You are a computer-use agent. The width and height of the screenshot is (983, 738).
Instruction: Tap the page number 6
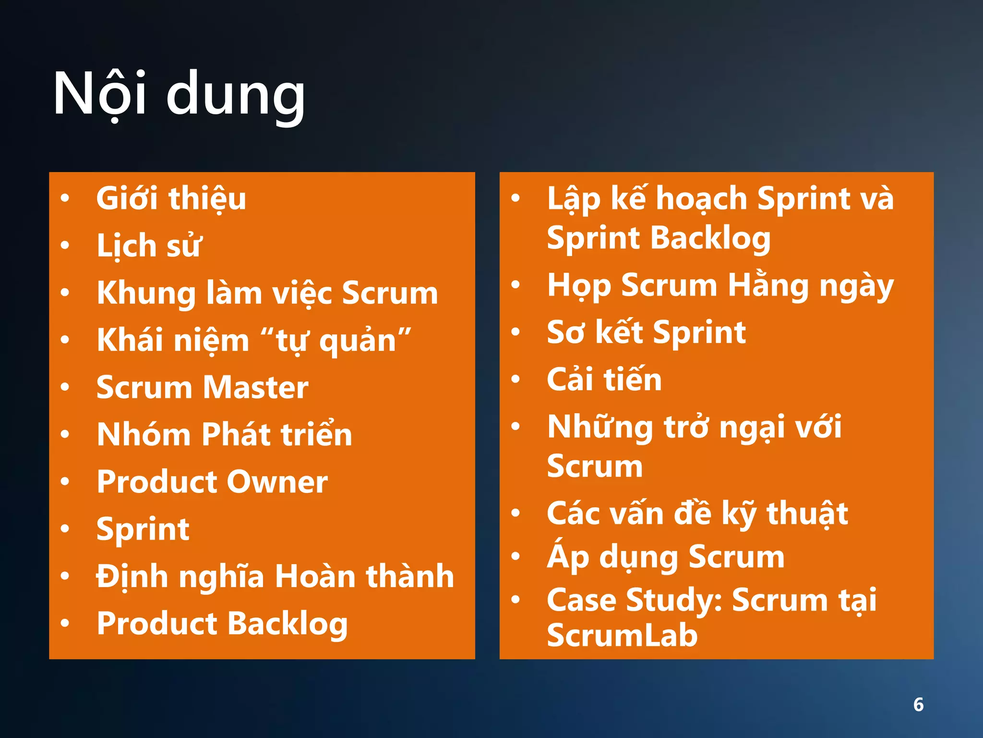pos(918,704)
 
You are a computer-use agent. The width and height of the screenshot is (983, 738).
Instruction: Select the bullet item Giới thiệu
pos(171,198)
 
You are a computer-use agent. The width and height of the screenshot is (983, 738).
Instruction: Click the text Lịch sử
pos(149,246)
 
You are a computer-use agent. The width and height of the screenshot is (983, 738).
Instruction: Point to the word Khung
pos(145,293)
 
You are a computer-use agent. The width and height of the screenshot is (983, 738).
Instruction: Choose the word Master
pos(255,387)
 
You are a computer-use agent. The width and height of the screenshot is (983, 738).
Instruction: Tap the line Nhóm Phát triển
pos(224,434)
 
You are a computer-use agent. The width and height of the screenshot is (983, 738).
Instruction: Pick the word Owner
pos(277,481)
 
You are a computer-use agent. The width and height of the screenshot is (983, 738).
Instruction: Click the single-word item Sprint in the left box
pos(143,529)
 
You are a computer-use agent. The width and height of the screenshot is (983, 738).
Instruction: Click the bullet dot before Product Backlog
pos(65,623)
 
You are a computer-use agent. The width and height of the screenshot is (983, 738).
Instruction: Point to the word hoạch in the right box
pos(701,198)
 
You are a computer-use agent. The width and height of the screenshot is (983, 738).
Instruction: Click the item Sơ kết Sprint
pos(646,332)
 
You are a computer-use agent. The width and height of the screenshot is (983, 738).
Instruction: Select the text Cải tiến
pos(604,380)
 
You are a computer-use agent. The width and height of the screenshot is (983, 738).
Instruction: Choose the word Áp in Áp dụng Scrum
pos(568,556)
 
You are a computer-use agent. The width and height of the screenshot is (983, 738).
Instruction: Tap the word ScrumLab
pos(622,635)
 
